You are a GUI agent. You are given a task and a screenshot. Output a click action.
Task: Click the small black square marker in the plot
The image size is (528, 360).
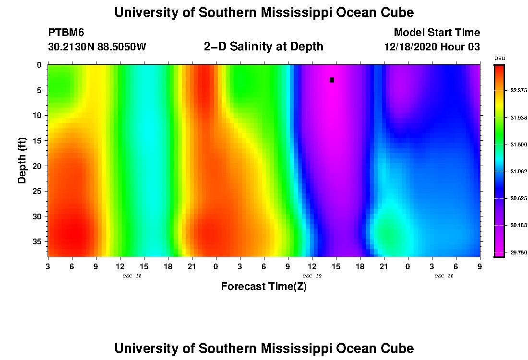point(332,80)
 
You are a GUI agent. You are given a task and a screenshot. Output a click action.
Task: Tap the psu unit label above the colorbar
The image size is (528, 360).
point(500,58)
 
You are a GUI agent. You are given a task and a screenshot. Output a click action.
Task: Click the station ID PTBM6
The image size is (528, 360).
point(66,33)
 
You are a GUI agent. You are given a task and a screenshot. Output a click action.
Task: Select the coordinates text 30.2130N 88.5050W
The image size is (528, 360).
point(97,47)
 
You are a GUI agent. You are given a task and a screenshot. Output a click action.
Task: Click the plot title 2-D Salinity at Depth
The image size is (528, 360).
point(264,47)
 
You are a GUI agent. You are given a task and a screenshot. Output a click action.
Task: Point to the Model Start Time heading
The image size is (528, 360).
point(436,33)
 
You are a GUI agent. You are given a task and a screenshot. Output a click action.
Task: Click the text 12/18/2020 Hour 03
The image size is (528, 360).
point(432,47)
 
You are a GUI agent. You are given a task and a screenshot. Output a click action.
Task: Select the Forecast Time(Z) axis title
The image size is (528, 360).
point(264,287)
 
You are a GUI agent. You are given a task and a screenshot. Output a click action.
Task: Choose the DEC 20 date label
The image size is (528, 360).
point(444,276)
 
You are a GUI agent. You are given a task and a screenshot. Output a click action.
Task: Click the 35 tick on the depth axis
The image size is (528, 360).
point(39,241)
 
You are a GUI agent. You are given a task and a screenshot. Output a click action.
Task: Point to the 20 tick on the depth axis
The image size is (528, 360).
point(39,166)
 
